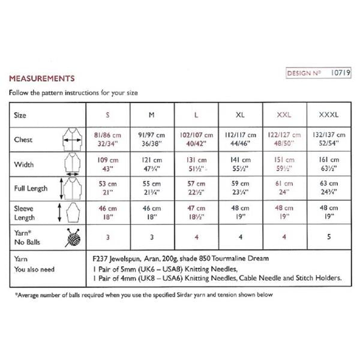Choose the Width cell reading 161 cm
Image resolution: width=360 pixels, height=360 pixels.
tap(326, 164)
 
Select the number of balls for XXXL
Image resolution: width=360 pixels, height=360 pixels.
tap(326, 236)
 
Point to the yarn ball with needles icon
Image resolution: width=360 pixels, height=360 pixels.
tap(71, 236)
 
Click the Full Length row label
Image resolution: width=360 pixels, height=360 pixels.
tap(31, 188)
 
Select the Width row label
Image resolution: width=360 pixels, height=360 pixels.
tap(25, 164)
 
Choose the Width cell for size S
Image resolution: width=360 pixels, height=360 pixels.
tap(107, 164)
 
